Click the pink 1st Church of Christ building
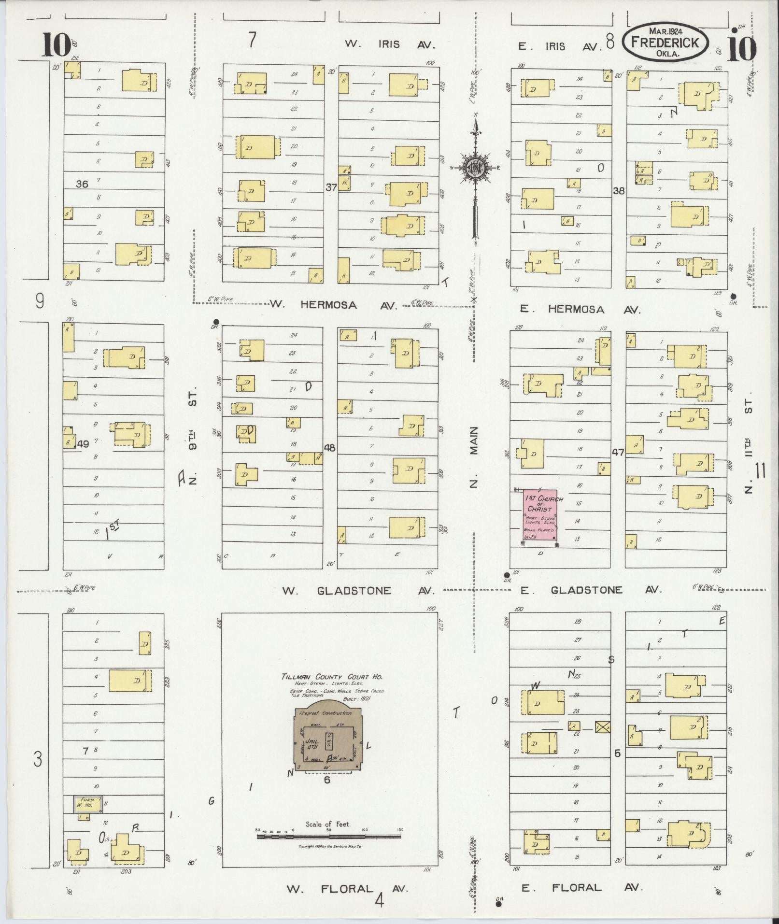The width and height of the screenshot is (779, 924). pos(540,516)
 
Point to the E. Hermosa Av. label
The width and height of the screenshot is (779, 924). pos(581,310)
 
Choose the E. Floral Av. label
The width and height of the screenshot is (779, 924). pos(582,887)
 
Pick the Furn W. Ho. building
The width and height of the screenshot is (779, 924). pos(87,803)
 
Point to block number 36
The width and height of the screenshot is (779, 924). pos(82,184)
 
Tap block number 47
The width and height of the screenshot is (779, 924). pos(618,453)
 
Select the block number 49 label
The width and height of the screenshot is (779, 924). pos(83,444)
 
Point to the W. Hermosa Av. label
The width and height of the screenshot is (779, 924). pos(333,305)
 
